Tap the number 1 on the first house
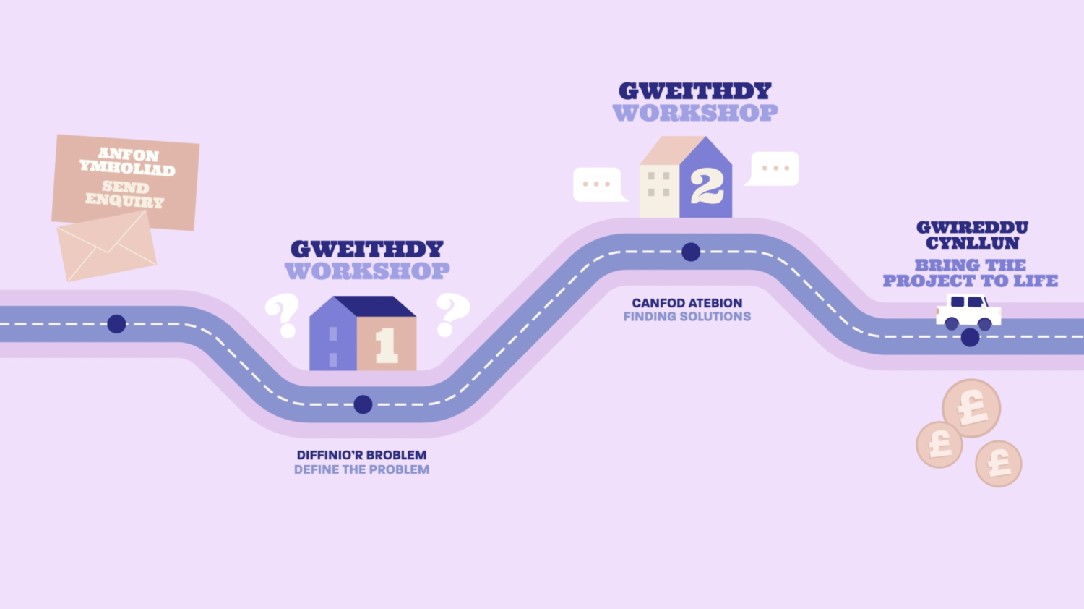(387, 345)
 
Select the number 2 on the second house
(706, 187)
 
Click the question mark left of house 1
(283, 314)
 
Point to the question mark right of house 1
(452, 314)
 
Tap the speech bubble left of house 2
(598, 184)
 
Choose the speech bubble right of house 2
(775, 168)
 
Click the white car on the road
(968, 311)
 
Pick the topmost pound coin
(972, 408)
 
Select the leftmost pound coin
(939, 444)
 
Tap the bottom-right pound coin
(999, 464)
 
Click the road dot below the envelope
(116, 324)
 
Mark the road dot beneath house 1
(363, 404)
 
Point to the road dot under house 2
(691, 252)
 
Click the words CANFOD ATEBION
(687, 303)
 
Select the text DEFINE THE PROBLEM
(361, 469)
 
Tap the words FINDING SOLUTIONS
(687, 317)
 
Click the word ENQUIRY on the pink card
(124, 200)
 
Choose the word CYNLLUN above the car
(972, 244)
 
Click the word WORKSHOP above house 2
(695, 113)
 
